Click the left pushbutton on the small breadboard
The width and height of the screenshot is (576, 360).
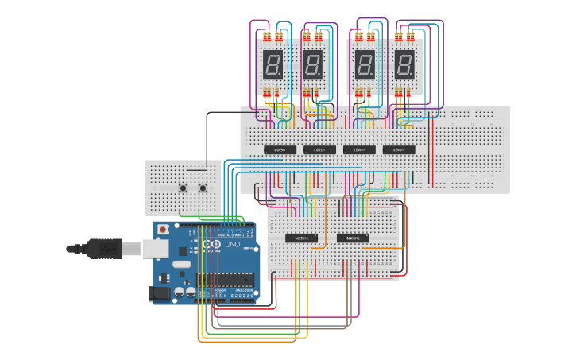(x=184, y=188)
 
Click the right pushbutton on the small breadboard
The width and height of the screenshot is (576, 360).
(x=203, y=188)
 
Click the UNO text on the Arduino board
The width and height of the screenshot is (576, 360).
(x=233, y=245)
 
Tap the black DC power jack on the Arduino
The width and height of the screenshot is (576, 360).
(x=159, y=293)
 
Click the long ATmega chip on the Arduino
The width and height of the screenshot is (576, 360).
(x=225, y=279)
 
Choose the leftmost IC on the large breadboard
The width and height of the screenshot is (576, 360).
(x=280, y=149)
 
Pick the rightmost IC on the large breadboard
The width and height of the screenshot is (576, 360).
(x=398, y=149)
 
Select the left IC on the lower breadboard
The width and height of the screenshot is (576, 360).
(x=302, y=238)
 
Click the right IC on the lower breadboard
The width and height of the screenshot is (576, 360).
(x=353, y=238)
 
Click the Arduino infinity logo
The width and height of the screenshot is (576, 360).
(x=211, y=245)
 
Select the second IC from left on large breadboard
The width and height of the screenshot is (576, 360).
(x=319, y=149)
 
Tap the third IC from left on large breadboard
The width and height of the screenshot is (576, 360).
(x=359, y=149)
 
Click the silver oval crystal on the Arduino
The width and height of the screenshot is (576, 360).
(x=181, y=264)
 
